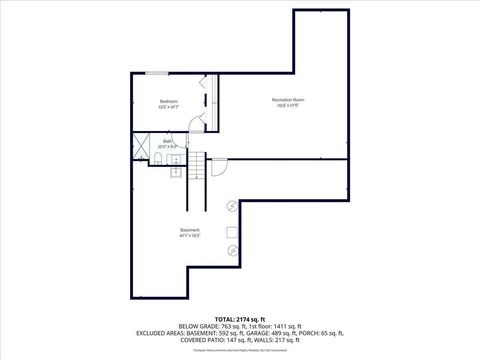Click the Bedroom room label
(169, 103)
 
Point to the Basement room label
(190, 232)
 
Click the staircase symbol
(198, 165)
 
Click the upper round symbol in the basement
(232, 207)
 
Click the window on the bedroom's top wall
(158, 73)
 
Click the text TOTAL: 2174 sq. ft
(239, 318)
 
